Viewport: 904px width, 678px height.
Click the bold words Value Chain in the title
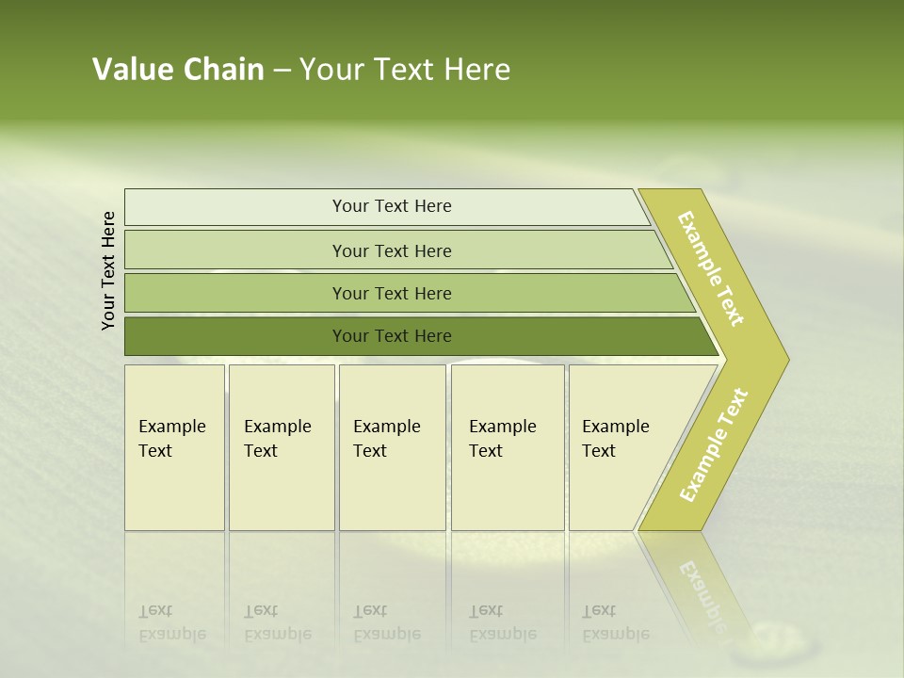(x=178, y=70)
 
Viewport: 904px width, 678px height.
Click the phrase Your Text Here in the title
(x=405, y=70)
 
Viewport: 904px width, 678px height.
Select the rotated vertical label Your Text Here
(x=109, y=270)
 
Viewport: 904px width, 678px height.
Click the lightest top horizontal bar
(x=391, y=206)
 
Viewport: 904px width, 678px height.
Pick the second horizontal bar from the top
(x=391, y=250)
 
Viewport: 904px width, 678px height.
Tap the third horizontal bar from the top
(x=391, y=293)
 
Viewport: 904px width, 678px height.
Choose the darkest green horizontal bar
(x=391, y=336)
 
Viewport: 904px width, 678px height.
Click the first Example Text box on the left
(x=174, y=447)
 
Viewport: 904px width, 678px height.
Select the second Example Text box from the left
(x=281, y=447)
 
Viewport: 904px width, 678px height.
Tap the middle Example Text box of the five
(x=392, y=447)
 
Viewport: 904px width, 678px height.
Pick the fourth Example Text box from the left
(x=507, y=447)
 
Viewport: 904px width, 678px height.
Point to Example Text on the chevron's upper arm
(x=711, y=268)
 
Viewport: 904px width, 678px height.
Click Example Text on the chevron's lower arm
(x=714, y=444)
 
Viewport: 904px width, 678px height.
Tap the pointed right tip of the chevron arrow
(x=783, y=359)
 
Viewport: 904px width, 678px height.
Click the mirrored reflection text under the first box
(x=171, y=623)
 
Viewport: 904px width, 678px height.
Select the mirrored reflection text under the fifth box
(x=615, y=623)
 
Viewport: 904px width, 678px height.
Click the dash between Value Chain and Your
(x=282, y=71)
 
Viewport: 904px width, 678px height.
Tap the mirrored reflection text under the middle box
(x=386, y=623)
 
